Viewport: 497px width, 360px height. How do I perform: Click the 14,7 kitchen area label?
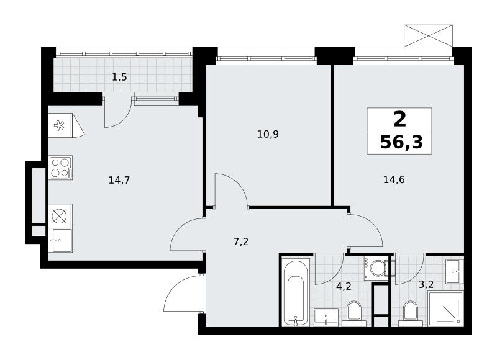tap(119, 181)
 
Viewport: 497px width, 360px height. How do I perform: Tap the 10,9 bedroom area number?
tap(268, 134)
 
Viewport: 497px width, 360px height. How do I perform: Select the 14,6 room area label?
tap(394, 180)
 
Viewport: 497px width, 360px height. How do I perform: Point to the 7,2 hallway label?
tap(241, 242)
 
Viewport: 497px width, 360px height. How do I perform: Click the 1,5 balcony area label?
tap(119, 77)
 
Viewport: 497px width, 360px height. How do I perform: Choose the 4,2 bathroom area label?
tap(344, 286)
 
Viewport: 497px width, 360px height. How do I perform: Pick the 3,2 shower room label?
tap(426, 284)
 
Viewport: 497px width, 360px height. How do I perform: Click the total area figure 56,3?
tap(401, 143)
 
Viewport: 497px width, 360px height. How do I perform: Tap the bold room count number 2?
tap(399, 119)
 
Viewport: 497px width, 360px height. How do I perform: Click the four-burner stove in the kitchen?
tap(60, 168)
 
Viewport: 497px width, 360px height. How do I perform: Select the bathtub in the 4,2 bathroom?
tap(296, 294)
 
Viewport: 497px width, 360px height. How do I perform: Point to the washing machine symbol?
tap(376, 269)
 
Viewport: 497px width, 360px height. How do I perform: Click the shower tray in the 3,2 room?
tap(445, 309)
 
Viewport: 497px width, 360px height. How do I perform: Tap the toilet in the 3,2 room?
tap(411, 314)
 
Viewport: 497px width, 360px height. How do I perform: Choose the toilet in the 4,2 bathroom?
tap(354, 314)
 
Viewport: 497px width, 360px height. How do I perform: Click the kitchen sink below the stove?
tap(60, 240)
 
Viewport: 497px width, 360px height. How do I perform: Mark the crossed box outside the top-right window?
tap(428, 36)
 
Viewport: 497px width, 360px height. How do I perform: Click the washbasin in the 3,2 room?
tap(455, 272)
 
